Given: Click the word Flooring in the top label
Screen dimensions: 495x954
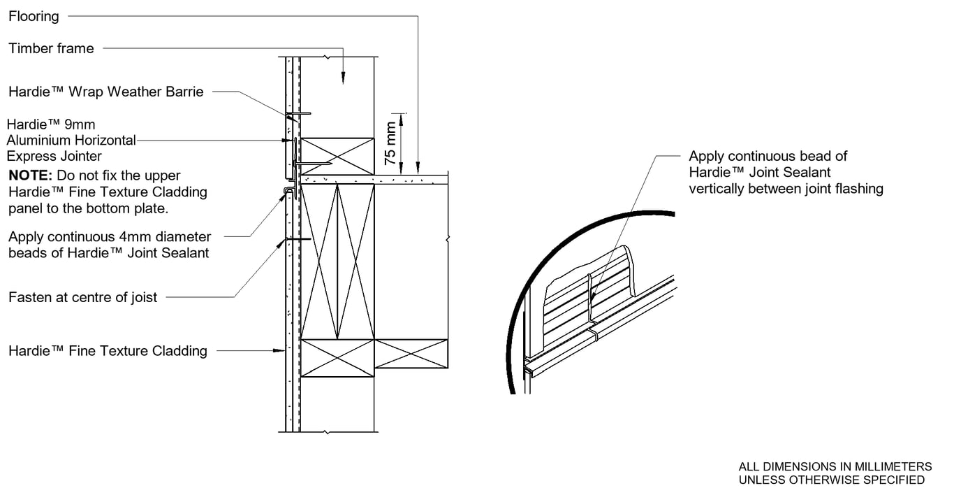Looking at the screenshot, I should coord(34,16).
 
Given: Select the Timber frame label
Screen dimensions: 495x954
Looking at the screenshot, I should coord(51,48).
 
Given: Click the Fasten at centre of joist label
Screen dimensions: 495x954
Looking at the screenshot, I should coord(82,297).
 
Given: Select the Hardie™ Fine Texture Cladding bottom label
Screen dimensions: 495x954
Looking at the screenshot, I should coord(108,351).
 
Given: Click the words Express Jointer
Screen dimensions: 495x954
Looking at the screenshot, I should coord(54,156).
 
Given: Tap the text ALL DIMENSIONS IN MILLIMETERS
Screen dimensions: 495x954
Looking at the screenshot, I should coord(835,466).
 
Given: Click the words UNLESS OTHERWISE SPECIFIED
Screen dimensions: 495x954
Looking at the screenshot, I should coord(831,480).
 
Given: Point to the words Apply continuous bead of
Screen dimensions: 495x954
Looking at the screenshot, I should coord(768,156).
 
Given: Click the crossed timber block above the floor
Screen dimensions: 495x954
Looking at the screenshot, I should coord(337,156).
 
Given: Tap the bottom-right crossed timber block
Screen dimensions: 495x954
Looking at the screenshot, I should coord(411,354).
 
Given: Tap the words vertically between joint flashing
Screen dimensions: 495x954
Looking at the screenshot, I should coord(786,188).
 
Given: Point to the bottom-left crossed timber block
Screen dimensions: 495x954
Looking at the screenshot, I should coord(337,358).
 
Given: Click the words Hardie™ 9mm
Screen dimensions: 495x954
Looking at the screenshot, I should coord(51,125).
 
